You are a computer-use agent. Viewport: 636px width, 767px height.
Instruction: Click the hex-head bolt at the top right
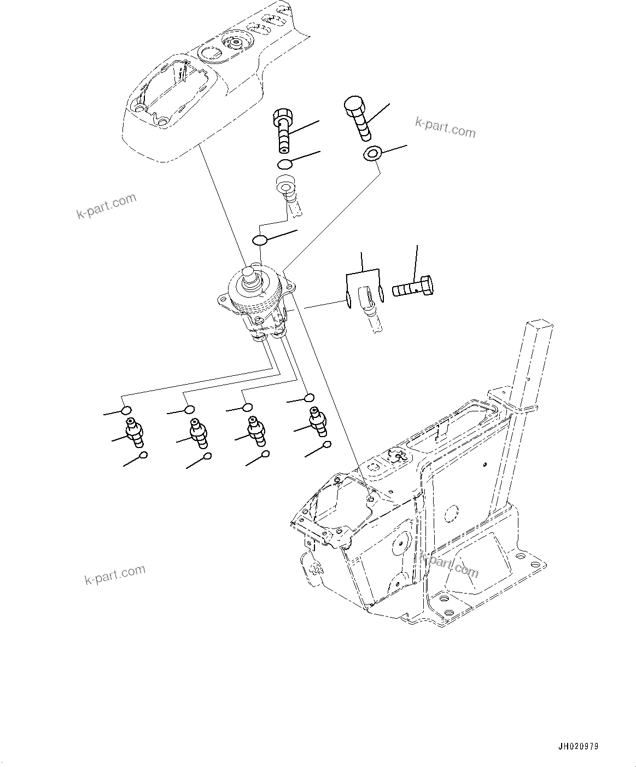pos(357,118)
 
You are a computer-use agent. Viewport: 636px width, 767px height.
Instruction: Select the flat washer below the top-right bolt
pos(372,154)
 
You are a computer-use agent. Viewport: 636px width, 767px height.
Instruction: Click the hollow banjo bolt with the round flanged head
pos(283,130)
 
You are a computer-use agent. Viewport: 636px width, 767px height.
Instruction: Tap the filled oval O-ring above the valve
pos(260,240)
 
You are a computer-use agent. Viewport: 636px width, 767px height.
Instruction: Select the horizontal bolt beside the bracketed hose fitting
pos(413,287)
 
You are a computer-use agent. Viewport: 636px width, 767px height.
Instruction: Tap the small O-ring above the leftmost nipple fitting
pos(126,410)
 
